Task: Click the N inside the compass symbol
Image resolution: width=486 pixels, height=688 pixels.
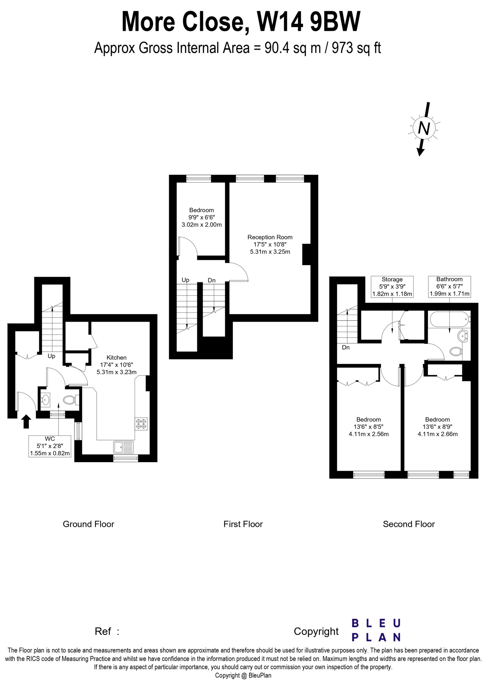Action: tap(423, 129)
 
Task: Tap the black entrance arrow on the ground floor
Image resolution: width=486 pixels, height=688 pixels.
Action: tap(27, 421)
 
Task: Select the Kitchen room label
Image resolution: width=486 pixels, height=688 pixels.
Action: tap(116, 365)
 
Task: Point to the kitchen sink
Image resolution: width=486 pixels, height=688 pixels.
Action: tap(124, 447)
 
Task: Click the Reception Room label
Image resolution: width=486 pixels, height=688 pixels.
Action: tap(270, 244)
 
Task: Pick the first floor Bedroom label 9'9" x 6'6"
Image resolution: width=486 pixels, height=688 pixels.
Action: tap(201, 217)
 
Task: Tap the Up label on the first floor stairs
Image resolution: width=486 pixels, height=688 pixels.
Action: tap(186, 280)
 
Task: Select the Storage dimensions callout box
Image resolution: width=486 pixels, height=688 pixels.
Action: tap(392, 287)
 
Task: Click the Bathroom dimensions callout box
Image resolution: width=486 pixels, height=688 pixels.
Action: tap(449, 287)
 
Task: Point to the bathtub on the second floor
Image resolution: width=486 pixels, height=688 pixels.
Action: tap(449, 320)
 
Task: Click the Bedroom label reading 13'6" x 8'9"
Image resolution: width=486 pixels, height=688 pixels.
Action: tap(437, 427)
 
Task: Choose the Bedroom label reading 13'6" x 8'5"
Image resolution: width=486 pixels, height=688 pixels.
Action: tap(369, 427)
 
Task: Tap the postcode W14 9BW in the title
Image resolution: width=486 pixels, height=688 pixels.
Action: tap(309, 22)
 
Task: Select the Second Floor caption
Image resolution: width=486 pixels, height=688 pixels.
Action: tap(409, 524)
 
